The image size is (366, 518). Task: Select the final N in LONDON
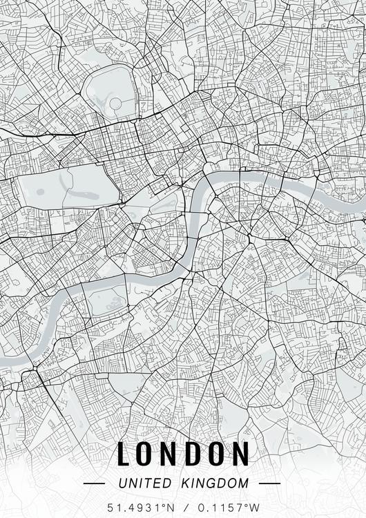pos(240,454)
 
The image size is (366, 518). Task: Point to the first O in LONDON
pos(146,454)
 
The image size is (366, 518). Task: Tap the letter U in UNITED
pos(122,483)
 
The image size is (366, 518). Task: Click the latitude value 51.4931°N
pos(139,508)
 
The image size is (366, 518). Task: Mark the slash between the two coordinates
pos(183,508)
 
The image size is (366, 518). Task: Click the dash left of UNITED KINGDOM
pos(94,483)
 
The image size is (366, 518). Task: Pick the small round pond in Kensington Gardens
pos(40,191)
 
